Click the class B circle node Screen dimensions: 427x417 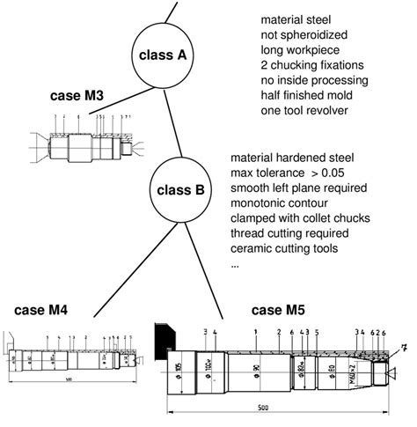[180, 188]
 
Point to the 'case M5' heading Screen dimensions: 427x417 [280, 310]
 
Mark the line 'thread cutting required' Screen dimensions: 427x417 [289, 232]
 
